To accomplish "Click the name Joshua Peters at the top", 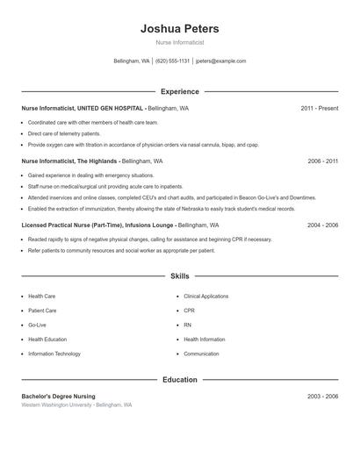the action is point(179,29).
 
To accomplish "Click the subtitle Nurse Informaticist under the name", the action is point(179,42).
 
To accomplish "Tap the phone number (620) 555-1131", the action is point(173,61).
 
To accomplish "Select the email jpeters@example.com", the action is point(220,61).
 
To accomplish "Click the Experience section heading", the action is point(179,91).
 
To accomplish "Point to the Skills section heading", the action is point(179,275).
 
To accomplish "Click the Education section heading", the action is point(179,380).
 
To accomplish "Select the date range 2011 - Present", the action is point(319,108).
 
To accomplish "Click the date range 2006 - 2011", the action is point(322,161).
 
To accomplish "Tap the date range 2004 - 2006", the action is point(322,225).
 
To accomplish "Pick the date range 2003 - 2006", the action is point(322,397).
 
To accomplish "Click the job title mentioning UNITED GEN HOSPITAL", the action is point(83,108).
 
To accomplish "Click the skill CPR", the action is point(189,311).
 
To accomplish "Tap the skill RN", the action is point(187,325).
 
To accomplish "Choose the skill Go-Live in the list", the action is point(38,325).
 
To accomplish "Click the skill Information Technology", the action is point(54,354).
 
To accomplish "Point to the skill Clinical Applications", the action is point(205,297).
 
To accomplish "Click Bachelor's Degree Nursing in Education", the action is point(58,397).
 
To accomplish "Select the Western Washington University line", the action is point(76,405).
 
